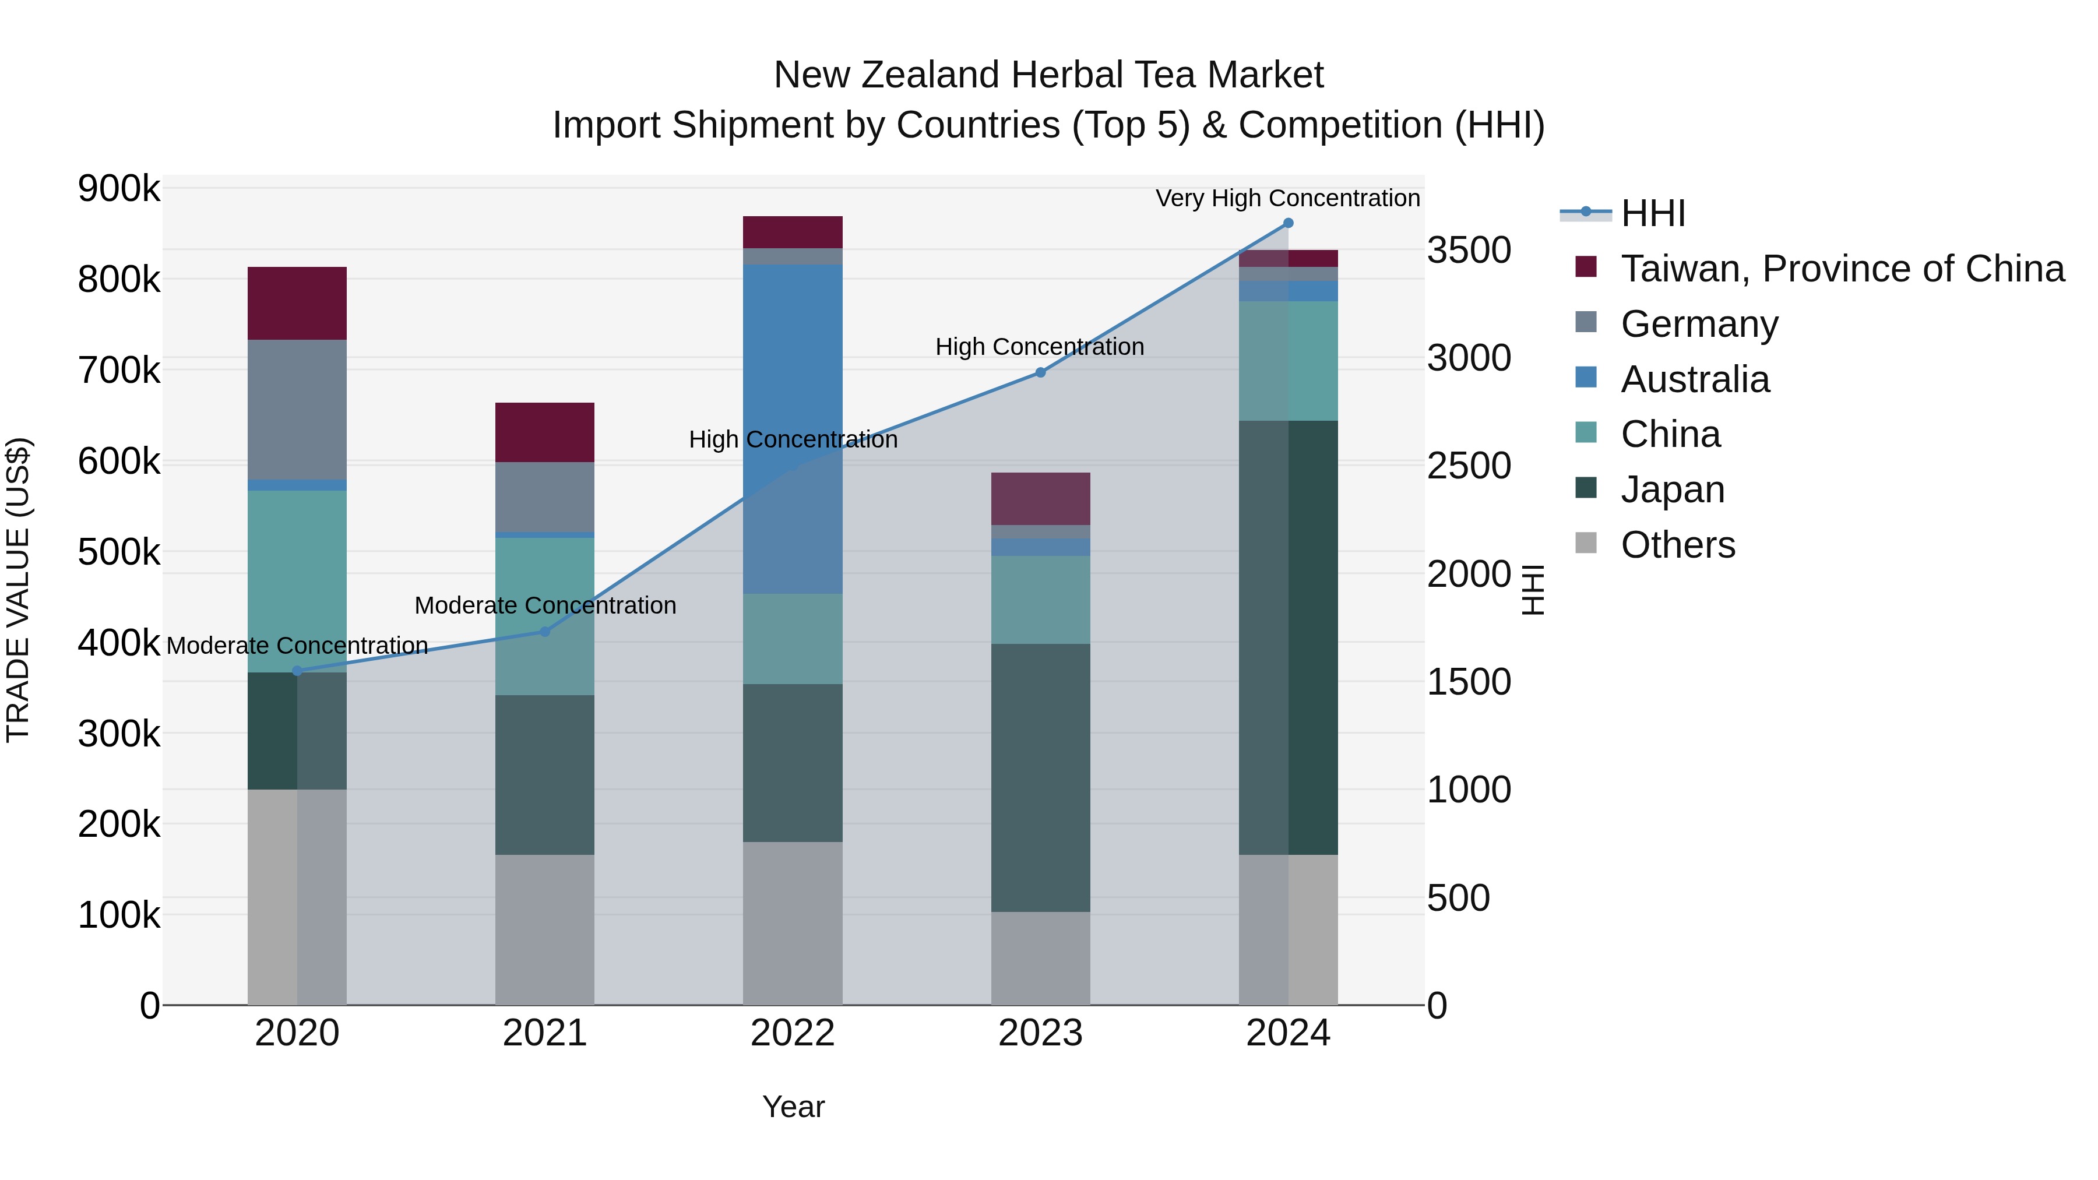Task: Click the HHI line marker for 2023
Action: (x=1040, y=372)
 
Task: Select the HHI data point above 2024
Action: (x=1287, y=223)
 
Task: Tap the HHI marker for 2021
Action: (x=545, y=631)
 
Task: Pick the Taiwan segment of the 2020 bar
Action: (x=297, y=303)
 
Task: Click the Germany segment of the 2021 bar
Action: (x=545, y=496)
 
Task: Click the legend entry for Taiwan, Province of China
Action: (x=1842, y=269)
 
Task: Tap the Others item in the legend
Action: (x=1678, y=545)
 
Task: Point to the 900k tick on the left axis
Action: (x=119, y=189)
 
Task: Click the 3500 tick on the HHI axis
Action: (x=1469, y=250)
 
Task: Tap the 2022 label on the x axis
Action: (x=793, y=1033)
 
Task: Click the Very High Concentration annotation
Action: (x=1287, y=198)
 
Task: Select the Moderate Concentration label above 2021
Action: (x=545, y=605)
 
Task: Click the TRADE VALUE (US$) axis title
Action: (x=18, y=590)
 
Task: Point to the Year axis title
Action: (x=793, y=1107)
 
